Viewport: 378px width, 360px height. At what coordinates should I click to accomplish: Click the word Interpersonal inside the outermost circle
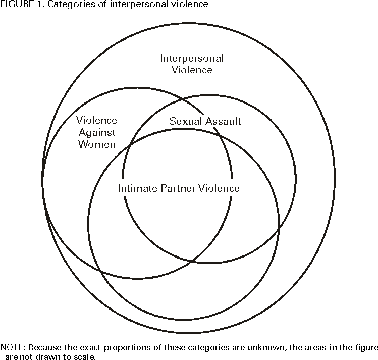[x=192, y=58]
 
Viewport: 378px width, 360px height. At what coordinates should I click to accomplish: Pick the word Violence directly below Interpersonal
[x=192, y=70]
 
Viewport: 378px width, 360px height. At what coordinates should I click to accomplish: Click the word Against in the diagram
[x=96, y=132]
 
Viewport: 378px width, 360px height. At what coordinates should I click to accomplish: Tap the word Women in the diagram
[x=96, y=144]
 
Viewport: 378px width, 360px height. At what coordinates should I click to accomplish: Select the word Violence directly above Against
[x=96, y=121]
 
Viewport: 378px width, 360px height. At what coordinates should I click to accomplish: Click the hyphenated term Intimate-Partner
[x=152, y=188]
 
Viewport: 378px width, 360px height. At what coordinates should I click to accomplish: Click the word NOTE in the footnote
[x=12, y=347]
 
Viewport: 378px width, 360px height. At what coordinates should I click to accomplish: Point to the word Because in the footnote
[x=45, y=347]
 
